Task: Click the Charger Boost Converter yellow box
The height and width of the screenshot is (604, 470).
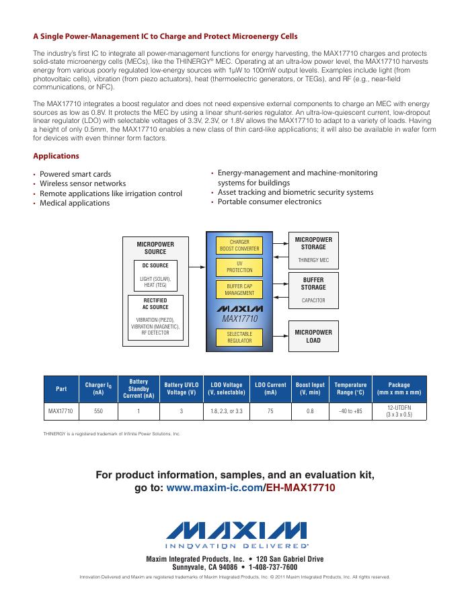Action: click(x=239, y=245)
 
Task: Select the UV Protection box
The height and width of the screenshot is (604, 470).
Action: click(x=239, y=267)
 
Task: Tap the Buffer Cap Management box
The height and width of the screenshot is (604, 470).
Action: click(x=239, y=290)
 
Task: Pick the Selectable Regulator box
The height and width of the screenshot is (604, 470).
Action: click(x=239, y=337)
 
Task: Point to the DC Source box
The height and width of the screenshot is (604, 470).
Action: click(x=155, y=275)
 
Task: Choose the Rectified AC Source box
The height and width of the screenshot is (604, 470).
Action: click(x=155, y=316)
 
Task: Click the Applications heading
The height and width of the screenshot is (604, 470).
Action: click(x=56, y=156)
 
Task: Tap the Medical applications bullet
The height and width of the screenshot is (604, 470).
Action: click(x=75, y=203)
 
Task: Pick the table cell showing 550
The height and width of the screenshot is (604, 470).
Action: click(x=98, y=409)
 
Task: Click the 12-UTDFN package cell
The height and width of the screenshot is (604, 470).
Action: click(x=399, y=410)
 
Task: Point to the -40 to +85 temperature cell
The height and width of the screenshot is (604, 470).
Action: click(x=350, y=409)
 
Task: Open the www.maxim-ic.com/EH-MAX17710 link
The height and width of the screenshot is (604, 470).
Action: click(x=250, y=487)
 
